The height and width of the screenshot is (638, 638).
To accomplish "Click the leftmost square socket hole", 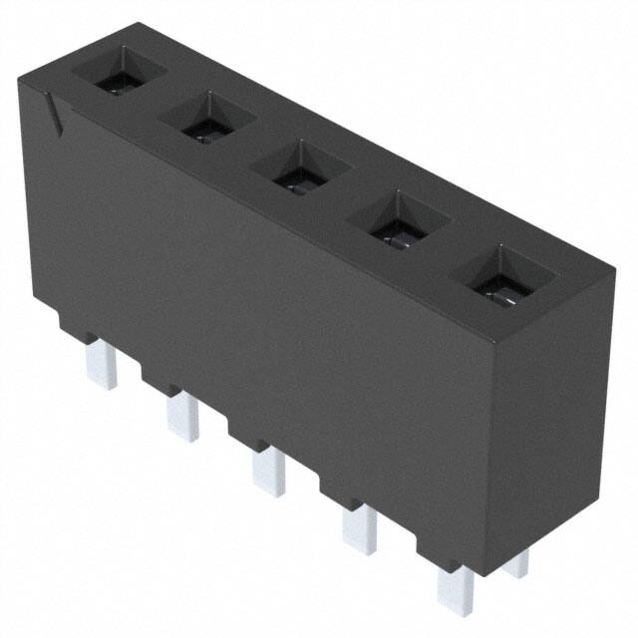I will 120,74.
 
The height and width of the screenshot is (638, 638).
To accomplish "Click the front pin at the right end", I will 457,588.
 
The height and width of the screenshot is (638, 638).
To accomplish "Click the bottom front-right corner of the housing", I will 489,576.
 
